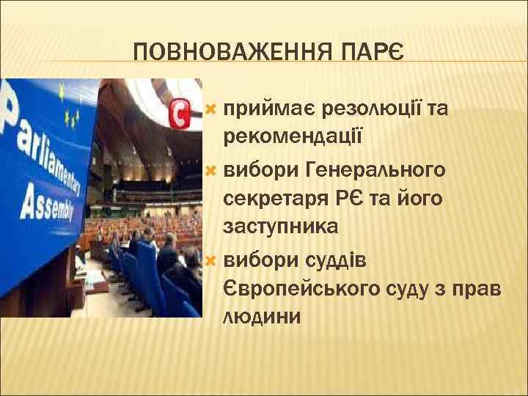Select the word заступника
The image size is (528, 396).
pos(281,227)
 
